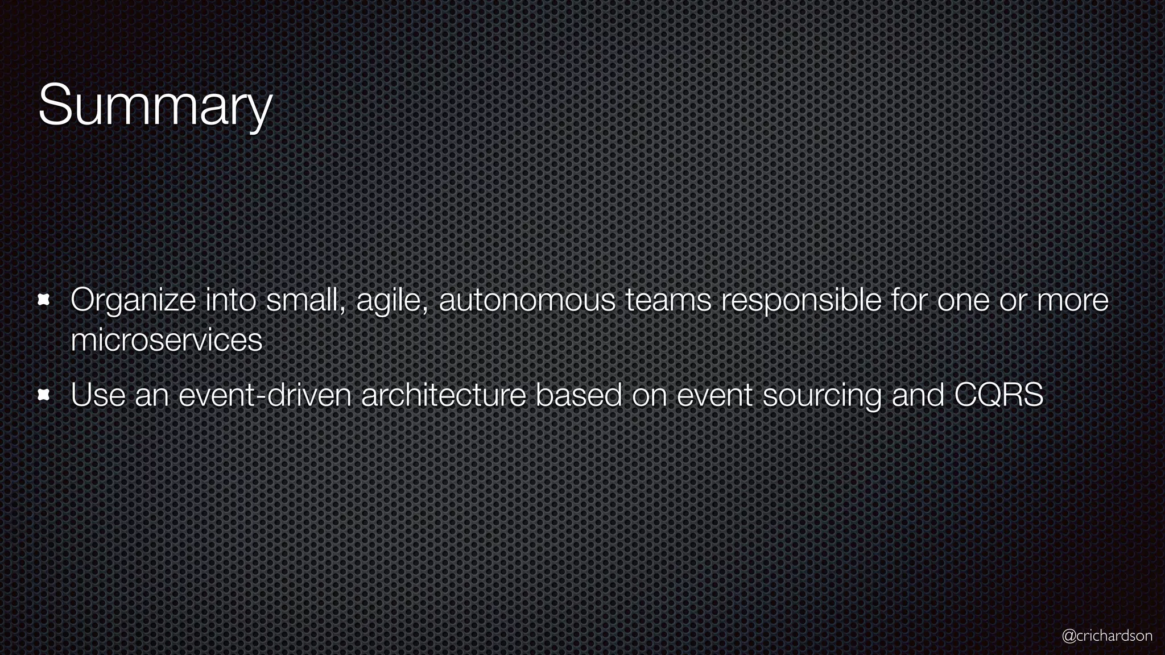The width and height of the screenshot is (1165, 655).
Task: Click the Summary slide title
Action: pos(155,106)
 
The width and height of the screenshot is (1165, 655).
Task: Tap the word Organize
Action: pos(133,300)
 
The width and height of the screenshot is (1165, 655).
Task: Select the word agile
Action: pos(392,300)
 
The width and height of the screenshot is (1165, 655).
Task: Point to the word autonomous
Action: pos(527,300)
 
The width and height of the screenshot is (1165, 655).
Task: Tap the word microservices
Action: pos(166,340)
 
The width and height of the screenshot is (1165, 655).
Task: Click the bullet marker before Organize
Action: pos(44,300)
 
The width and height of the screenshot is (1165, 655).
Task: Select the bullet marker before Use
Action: pos(44,395)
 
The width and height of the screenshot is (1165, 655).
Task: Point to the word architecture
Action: pos(443,395)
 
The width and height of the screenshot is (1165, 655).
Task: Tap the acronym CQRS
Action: pos(999,395)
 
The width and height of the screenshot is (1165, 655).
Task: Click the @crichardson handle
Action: pos(1107,635)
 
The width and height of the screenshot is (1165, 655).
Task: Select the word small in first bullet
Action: pos(306,300)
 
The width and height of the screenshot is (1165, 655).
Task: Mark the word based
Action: pos(579,395)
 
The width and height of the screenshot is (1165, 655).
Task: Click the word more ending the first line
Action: pos(1073,300)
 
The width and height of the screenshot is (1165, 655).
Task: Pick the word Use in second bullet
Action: pos(98,395)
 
